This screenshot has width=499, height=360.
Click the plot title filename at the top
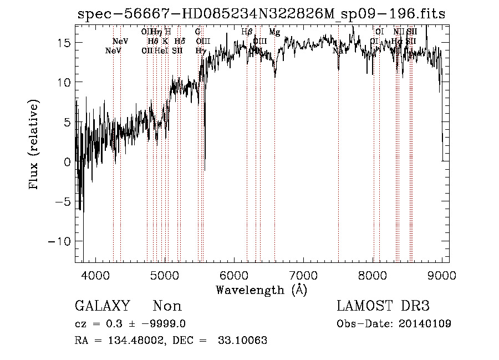coord(261,14)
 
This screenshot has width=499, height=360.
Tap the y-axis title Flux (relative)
coord(35,146)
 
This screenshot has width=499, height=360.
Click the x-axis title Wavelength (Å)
coord(261,290)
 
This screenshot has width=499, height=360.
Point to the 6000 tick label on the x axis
coord(233,275)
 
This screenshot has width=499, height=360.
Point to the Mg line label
coord(274,32)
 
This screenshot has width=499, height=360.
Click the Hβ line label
coord(247,32)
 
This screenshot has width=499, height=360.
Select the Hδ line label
coord(180,41)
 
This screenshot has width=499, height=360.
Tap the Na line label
coord(338,50)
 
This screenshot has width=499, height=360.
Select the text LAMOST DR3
coord(383,306)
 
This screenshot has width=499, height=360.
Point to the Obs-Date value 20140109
coord(427,323)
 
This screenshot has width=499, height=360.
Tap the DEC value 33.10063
coord(244,341)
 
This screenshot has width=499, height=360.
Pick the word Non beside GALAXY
coord(167,306)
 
